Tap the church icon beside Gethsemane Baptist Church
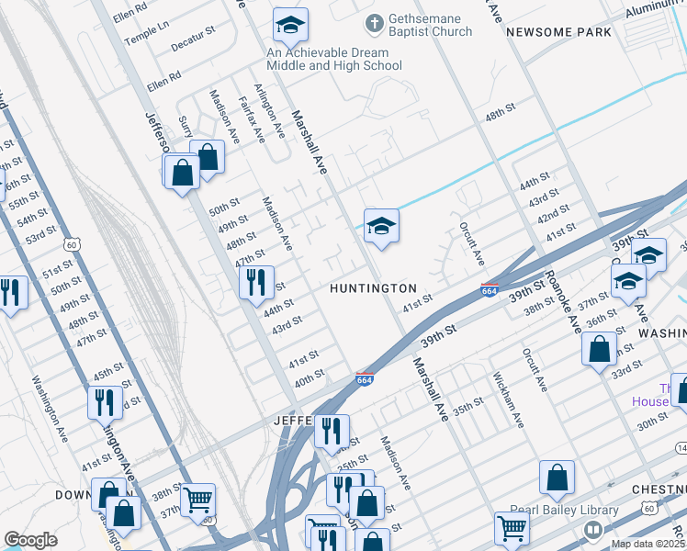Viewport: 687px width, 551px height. [x=374, y=21]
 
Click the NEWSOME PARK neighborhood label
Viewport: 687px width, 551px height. [x=557, y=32]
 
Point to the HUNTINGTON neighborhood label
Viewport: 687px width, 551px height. [x=374, y=288]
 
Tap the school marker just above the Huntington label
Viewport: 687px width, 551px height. [x=381, y=226]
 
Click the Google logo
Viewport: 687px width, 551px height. [x=30, y=539]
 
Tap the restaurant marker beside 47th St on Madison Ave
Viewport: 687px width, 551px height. [x=256, y=280]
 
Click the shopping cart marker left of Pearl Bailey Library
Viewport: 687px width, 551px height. [x=512, y=527]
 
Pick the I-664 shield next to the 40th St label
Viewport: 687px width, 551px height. [x=365, y=378]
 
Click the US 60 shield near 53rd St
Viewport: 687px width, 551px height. [x=72, y=244]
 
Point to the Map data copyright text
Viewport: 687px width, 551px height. [x=648, y=544]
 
